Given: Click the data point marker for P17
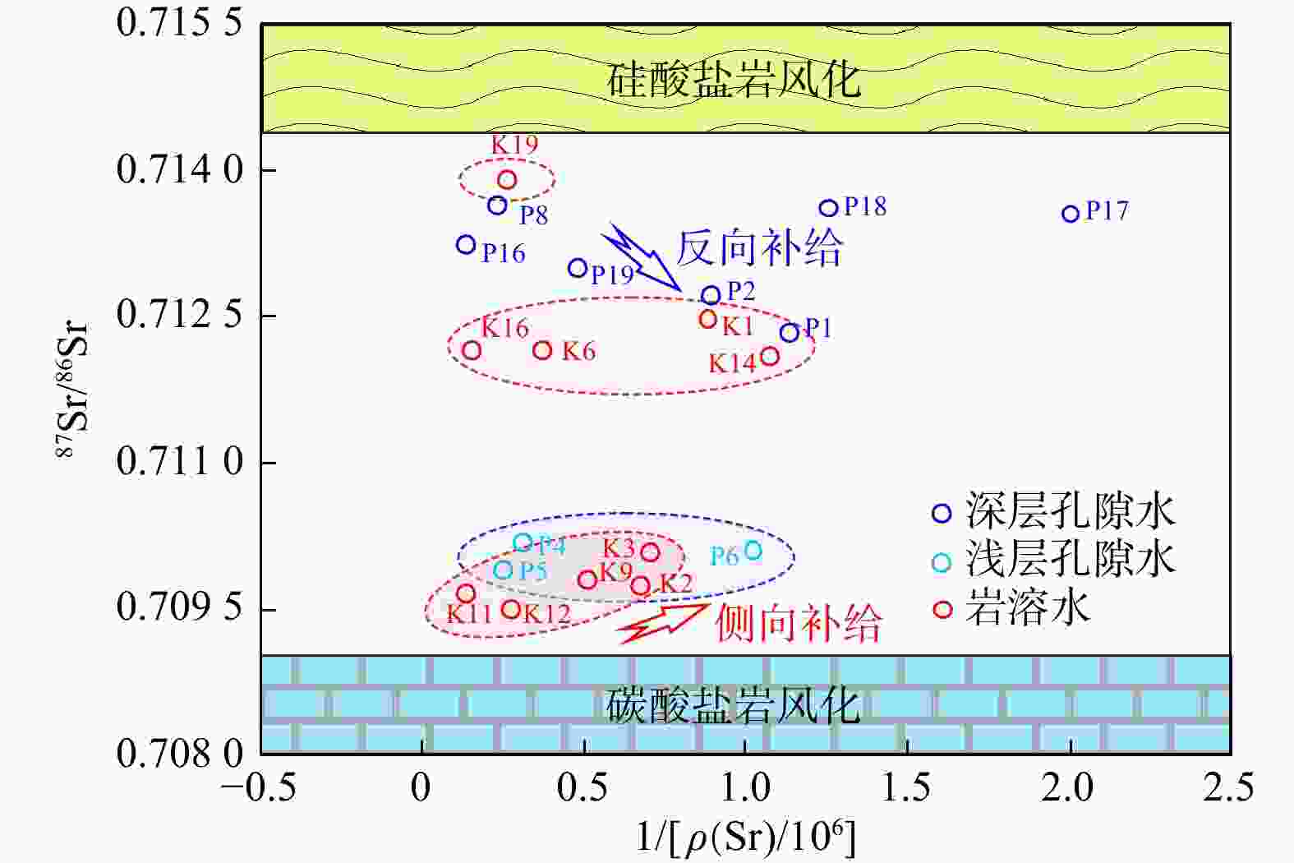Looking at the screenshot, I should point(1070,214).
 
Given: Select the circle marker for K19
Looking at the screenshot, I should point(507,179).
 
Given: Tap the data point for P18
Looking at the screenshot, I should point(829,209).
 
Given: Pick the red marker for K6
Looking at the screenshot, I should point(542,350).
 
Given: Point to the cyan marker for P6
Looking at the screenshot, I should point(753,550).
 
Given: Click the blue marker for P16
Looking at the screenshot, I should point(466,244).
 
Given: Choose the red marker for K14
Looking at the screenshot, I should point(770,355).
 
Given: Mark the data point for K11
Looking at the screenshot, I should point(466,593).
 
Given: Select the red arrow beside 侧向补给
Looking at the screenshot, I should point(664,622).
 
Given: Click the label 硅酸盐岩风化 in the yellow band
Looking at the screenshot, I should point(733,80).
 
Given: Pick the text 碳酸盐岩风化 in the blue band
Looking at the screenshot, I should point(733,705).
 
